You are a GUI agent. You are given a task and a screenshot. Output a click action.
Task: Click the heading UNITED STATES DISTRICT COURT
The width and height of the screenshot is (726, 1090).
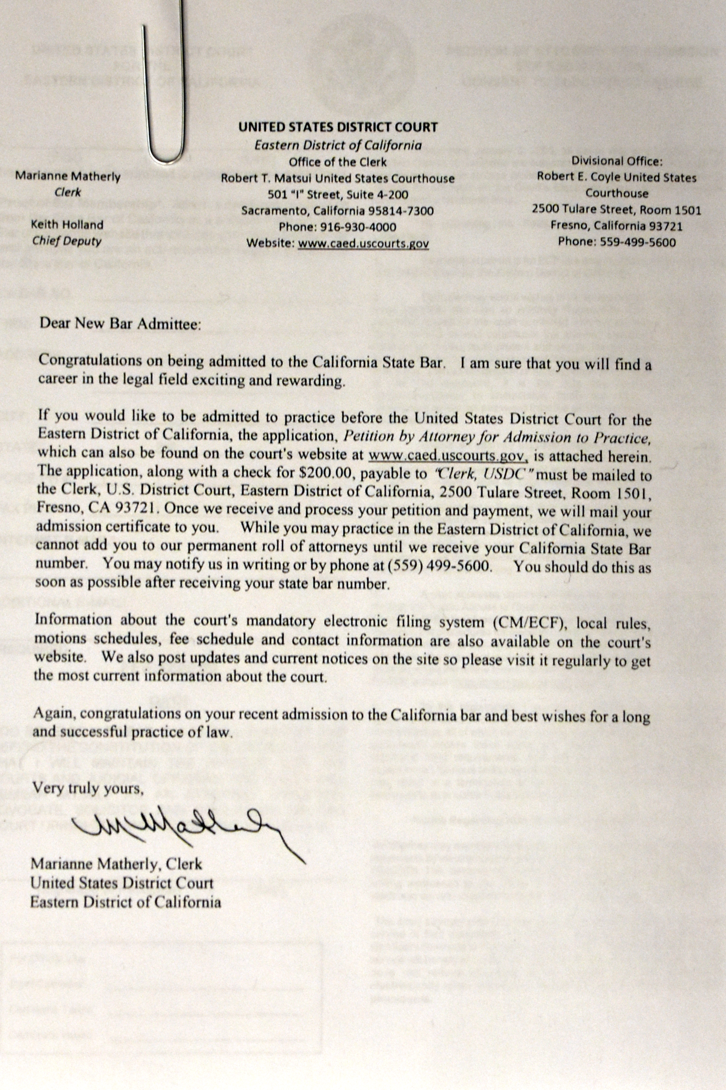click(338, 127)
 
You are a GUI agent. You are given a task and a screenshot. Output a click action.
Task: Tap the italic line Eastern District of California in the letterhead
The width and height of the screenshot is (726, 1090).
click(338, 145)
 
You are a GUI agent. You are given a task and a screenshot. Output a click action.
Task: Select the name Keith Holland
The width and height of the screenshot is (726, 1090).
click(67, 225)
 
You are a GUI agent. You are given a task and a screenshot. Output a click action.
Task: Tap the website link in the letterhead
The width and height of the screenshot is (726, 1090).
click(363, 243)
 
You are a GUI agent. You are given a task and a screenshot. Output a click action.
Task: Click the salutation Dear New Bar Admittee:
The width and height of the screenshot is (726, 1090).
click(121, 323)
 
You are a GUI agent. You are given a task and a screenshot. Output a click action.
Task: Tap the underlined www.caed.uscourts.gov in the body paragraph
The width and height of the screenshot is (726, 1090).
click(448, 456)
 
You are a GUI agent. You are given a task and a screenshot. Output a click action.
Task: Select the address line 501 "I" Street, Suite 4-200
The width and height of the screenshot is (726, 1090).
click(338, 195)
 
